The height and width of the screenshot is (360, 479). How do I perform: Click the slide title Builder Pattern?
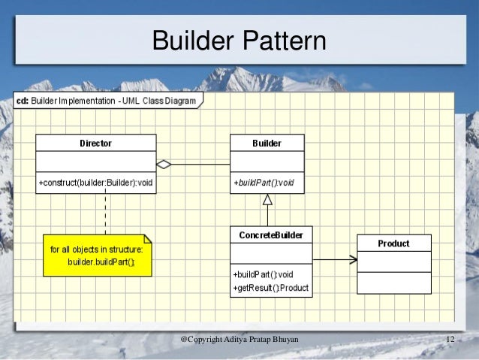coord(239,41)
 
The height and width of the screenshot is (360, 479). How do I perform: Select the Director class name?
coord(96,143)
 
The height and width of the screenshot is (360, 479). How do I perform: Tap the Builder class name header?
coord(267,143)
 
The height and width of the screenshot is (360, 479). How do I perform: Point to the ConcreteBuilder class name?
coord(271,235)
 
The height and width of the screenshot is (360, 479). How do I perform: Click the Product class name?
coord(393,244)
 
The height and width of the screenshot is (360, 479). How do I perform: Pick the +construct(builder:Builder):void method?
coord(95,182)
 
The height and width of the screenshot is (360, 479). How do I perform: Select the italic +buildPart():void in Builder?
coord(264,182)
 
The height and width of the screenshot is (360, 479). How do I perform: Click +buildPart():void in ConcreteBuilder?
coord(264,274)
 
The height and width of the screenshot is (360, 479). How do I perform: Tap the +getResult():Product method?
coord(270,288)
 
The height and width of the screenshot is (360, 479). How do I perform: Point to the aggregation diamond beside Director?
coord(164,163)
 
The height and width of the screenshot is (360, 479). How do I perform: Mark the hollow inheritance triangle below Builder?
coord(267,199)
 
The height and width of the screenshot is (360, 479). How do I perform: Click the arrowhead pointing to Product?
coord(351,260)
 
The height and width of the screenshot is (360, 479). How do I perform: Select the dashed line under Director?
coord(105,212)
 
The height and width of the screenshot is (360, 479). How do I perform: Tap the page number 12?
coord(450,340)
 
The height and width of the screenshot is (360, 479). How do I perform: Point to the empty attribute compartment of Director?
coord(96,162)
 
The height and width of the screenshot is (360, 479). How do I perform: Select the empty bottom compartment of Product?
coord(393,283)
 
